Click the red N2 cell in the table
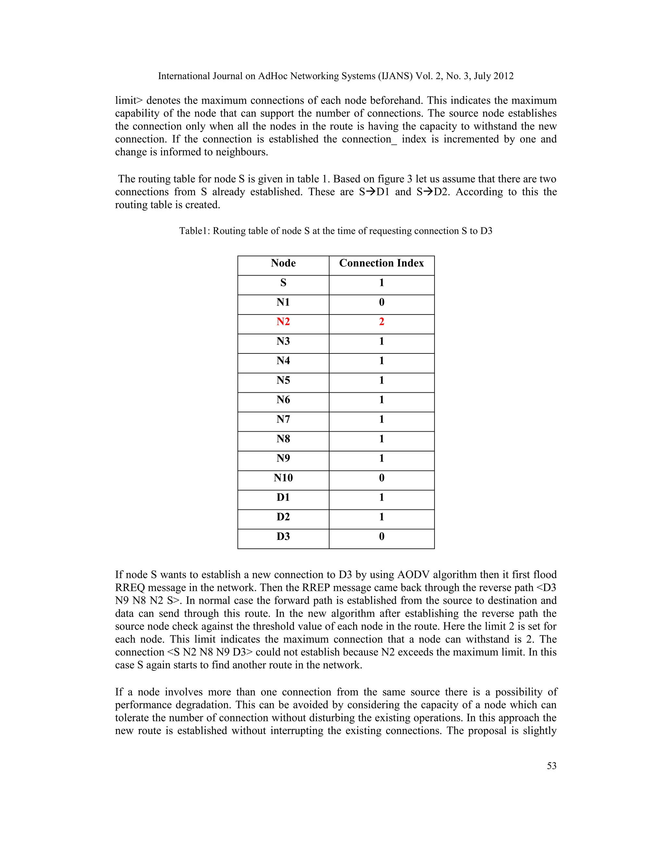pos(283,322)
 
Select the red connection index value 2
pos(381,322)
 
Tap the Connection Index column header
pos(381,263)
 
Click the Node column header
pos(283,263)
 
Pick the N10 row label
pos(283,478)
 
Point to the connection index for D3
pos(381,537)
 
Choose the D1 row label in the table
pos(283,497)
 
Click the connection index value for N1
pos(381,302)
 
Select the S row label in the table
pos(283,283)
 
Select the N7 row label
pos(283,419)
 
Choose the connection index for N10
pos(381,478)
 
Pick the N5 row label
pos(283,380)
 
